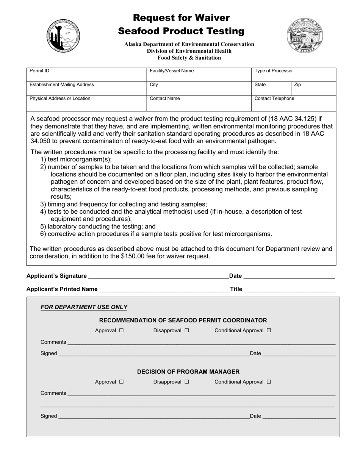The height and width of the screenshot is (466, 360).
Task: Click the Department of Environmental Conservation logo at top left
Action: pyautogui.click(x=64, y=35)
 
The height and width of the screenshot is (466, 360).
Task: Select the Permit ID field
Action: pyautogui.click(x=86, y=75)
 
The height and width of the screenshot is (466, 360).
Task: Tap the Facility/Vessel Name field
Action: pyautogui.click(x=199, y=75)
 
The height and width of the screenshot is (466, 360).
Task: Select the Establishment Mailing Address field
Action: pyautogui.click(x=86, y=89)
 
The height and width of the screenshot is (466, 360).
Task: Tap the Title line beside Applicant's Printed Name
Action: pyautogui.click(x=290, y=289)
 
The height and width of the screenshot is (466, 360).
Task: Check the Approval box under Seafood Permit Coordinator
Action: pyautogui.click(x=122, y=330)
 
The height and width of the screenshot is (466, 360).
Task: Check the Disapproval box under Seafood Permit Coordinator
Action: pyautogui.click(x=187, y=330)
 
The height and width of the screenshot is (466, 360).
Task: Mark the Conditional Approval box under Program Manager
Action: pyautogui.click(x=269, y=382)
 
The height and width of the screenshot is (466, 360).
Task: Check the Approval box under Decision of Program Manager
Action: pyautogui.click(x=122, y=382)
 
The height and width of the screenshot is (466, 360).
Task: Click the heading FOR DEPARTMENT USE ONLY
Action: pyautogui.click(x=84, y=307)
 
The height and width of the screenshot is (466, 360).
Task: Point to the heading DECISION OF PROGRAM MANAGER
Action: pyautogui.click(x=188, y=372)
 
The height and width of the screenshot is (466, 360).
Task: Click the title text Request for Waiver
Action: pyautogui.click(x=181, y=18)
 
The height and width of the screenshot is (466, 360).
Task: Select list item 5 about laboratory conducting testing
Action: pyautogui.click(x=98, y=227)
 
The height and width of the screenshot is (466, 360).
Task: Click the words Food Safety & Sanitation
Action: pyautogui.click(x=189, y=58)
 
